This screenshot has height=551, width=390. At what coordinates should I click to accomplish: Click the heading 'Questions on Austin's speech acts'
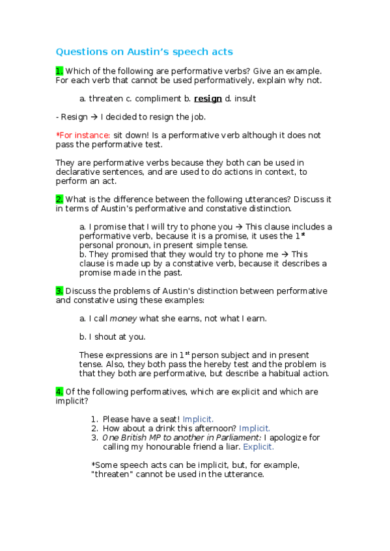pyautogui.click(x=144, y=51)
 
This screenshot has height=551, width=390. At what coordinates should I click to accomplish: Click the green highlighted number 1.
pyautogui.click(x=59, y=71)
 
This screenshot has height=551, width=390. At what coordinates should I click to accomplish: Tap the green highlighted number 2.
pyautogui.click(x=59, y=199)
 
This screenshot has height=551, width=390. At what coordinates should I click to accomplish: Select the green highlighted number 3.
pyautogui.click(x=59, y=290)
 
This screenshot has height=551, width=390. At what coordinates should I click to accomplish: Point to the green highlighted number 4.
pyautogui.click(x=59, y=391)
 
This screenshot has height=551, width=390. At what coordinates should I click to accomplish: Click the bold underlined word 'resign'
pyautogui.click(x=208, y=99)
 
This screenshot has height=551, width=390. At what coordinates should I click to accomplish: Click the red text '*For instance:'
pyautogui.click(x=83, y=135)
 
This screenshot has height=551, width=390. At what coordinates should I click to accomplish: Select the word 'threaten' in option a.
pyautogui.click(x=105, y=99)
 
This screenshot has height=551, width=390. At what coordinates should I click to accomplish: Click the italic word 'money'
pyautogui.click(x=123, y=318)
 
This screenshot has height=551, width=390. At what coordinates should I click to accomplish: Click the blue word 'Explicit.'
pyautogui.click(x=258, y=447)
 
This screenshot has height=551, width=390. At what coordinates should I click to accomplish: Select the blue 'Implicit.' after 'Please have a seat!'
pyautogui.click(x=198, y=419)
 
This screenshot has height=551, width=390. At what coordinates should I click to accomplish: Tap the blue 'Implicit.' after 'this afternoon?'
pyautogui.click(x=255, y=428)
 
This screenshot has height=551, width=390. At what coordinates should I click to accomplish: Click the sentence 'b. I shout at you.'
pyautogui.click(x=112, y=337)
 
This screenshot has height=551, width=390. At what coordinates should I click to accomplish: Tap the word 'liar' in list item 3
pyautogui.click(x=232, y=447)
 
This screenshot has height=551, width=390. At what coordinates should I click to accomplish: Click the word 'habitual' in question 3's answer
pyautogui.click(x=268, y=373)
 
